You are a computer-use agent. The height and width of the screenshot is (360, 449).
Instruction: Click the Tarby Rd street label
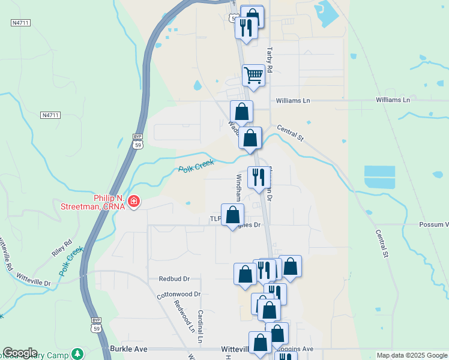tap(270, 60)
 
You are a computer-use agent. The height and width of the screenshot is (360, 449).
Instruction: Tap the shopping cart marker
tap(253, 76)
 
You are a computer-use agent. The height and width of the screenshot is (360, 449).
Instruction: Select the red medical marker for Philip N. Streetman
tap(134, 201)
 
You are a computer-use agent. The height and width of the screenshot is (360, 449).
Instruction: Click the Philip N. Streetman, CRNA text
tap(93, 202)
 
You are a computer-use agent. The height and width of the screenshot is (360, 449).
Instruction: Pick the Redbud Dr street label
tap(174, 279)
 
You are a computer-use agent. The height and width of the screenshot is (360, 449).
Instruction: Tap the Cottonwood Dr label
tap(178, 295)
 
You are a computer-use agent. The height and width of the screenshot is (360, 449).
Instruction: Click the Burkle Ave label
tap(128, 348)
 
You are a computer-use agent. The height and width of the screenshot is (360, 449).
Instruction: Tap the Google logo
tap(20, 353)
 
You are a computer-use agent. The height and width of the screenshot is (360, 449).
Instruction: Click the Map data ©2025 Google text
tap(411, 355)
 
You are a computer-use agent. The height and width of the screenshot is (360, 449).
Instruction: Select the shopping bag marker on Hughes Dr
tap(233, 215)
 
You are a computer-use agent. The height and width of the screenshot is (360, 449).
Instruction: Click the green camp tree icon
tap(76, 353)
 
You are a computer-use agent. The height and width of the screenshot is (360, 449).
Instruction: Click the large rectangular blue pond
tap(380, 178)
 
